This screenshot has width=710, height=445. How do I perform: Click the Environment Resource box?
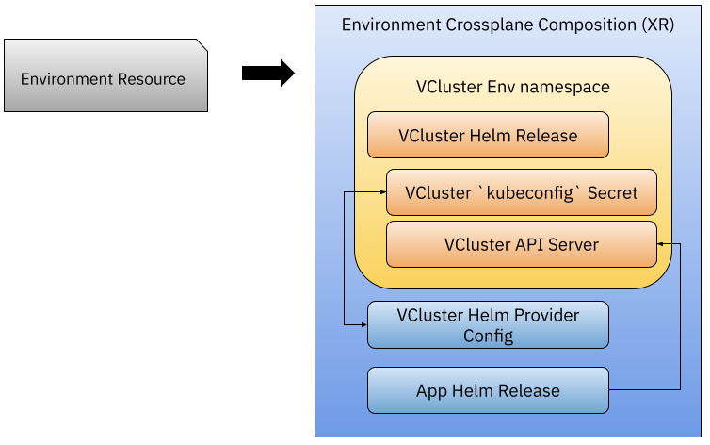[x=106, y=75]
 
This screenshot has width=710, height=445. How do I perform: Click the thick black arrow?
[x=268, y=73]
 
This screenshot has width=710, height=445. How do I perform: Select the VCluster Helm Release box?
[x=488, y=135]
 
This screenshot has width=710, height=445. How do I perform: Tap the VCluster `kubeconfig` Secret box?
[x=521, y=192]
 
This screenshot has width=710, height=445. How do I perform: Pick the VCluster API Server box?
[x=521, y=244]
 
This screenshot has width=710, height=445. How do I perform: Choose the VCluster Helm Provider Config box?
[x=488, y=325]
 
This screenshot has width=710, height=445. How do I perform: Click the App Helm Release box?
[x=488, y=390]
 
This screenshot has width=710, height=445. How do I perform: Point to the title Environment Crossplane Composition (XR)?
[x=508, y=25]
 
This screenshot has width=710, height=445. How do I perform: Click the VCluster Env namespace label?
[x=512, y=87]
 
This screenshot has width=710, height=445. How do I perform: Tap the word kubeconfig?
[x=530, y=193]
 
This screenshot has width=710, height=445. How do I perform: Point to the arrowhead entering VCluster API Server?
[x=660, y=244]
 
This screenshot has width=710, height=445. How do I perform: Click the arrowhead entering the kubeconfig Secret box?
[x=383, y=192]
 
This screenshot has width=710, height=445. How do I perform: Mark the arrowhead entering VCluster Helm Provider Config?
[x=364, y=325]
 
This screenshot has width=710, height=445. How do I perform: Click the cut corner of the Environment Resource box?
[x=202, y=45]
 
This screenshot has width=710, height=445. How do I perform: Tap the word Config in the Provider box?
[x=488, y=337]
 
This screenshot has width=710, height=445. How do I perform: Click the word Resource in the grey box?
[x=152, y=79]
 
